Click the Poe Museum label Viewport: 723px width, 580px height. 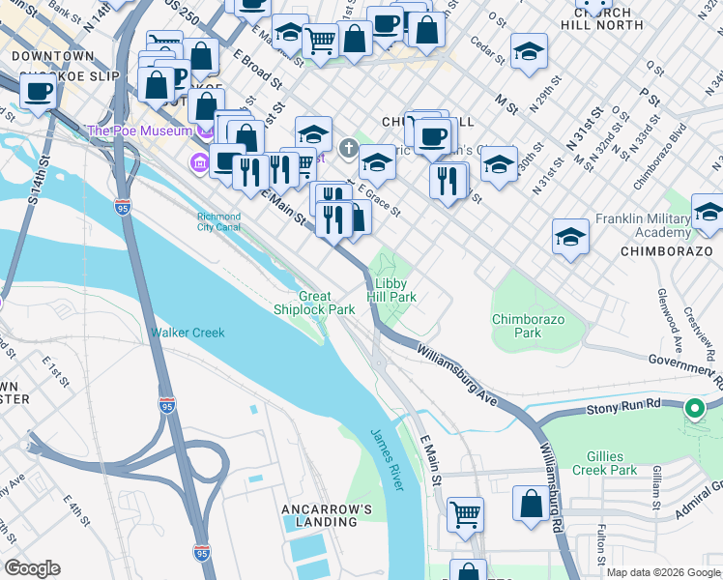point(139,130)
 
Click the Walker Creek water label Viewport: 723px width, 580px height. point(188,333)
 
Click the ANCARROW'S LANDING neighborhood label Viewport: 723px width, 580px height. point(319,515)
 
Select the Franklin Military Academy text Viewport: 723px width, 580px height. point(643,226)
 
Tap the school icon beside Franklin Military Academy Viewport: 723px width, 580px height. point(708,213)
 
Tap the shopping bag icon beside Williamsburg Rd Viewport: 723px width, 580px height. point(531,503)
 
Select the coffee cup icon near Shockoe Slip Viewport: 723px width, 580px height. point(39,92)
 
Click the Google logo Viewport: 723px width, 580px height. point(32,568)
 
